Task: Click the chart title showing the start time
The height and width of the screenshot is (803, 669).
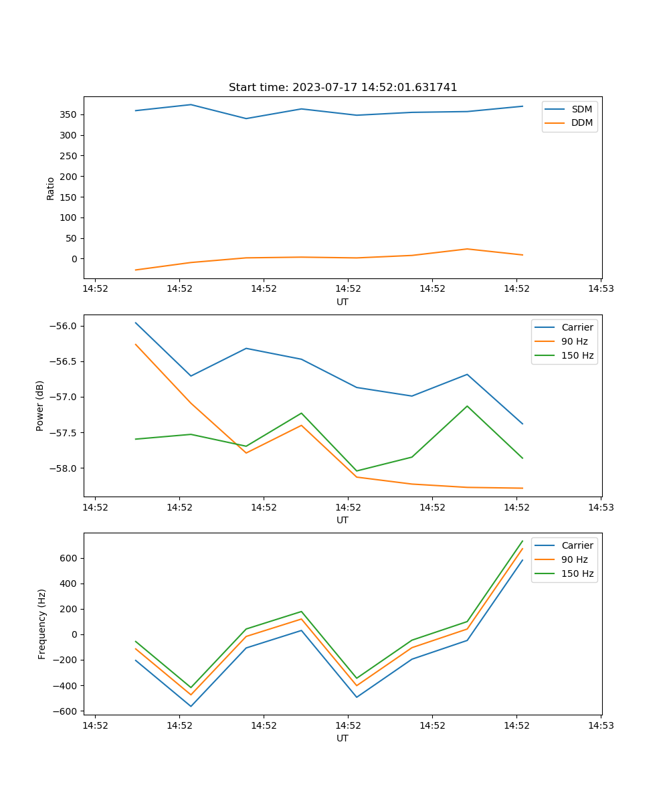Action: coord(343,88)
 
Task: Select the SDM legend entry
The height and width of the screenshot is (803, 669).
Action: coord(581,109)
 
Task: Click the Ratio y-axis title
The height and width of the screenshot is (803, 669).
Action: coord(51,188)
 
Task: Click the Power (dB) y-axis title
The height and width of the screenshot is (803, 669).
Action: coord(40,406)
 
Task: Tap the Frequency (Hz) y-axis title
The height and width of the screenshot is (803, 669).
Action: coord(42,624)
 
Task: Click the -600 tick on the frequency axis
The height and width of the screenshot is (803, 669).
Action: coord(67,711)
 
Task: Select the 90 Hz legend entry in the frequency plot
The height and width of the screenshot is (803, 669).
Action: coord(575,559)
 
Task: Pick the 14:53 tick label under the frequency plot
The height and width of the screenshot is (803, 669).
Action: coord(601,725)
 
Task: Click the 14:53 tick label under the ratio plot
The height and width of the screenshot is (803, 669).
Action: coord(601,288)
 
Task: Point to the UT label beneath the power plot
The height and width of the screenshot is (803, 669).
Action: coord(343,520)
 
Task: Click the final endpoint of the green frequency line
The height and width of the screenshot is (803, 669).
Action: coord(522,541)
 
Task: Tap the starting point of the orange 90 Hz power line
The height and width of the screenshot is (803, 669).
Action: coord(136,344)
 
